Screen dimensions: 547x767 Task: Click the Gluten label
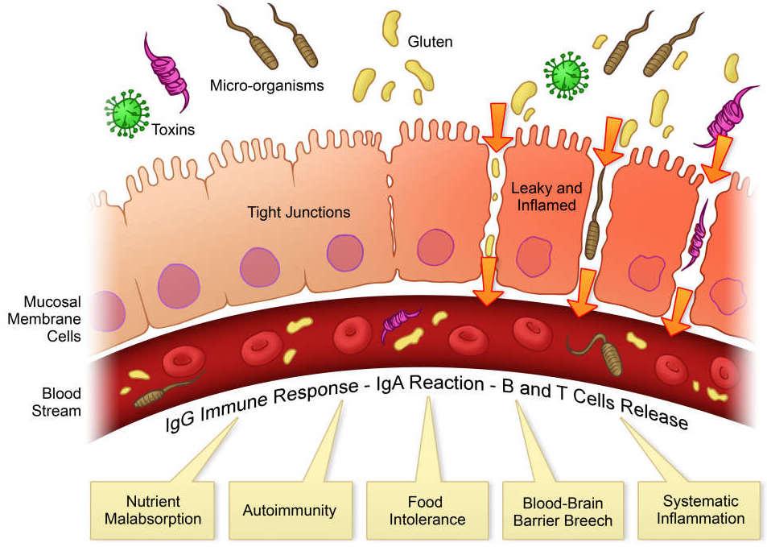point(430,40)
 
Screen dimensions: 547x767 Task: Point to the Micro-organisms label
point(266,84)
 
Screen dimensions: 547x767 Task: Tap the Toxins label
point(173,127)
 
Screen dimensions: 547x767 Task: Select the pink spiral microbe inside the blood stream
point(398,326)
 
